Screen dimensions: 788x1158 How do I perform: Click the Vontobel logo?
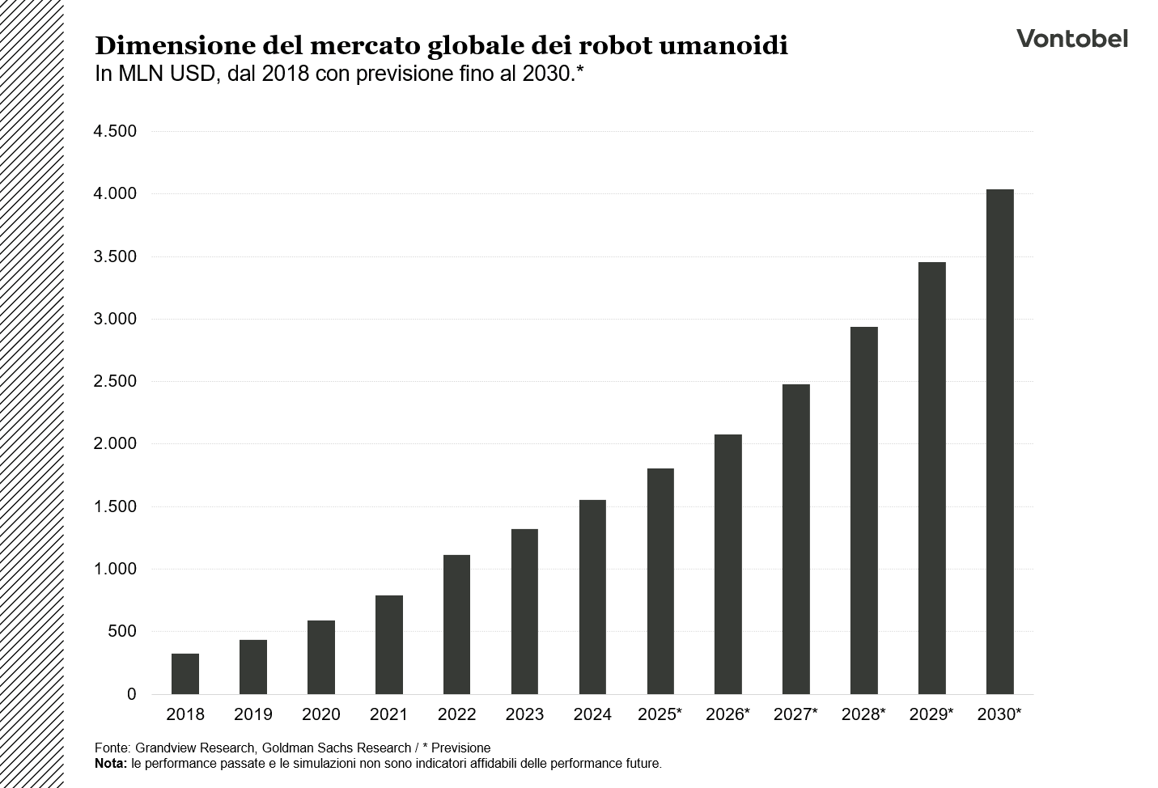pos(1071,39)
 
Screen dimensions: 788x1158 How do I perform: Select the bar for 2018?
pos(185,674)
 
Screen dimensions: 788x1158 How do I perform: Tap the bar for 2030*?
pos(999,442)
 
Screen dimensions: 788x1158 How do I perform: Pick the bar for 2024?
pos(592,597)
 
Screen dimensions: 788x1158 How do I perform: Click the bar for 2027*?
pos(796,539)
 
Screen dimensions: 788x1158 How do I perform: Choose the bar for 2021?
pos(389,645)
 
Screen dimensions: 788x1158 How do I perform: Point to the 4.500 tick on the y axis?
pos(115,131)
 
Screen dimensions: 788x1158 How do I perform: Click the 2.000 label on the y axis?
pos(115,444)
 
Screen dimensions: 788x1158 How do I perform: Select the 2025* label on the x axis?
pos(660,715)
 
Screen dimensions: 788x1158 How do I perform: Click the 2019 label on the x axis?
pos(253,715)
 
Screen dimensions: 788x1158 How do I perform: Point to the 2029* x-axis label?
pos(931,715)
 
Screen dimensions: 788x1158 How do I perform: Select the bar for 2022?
pos(457,625)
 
